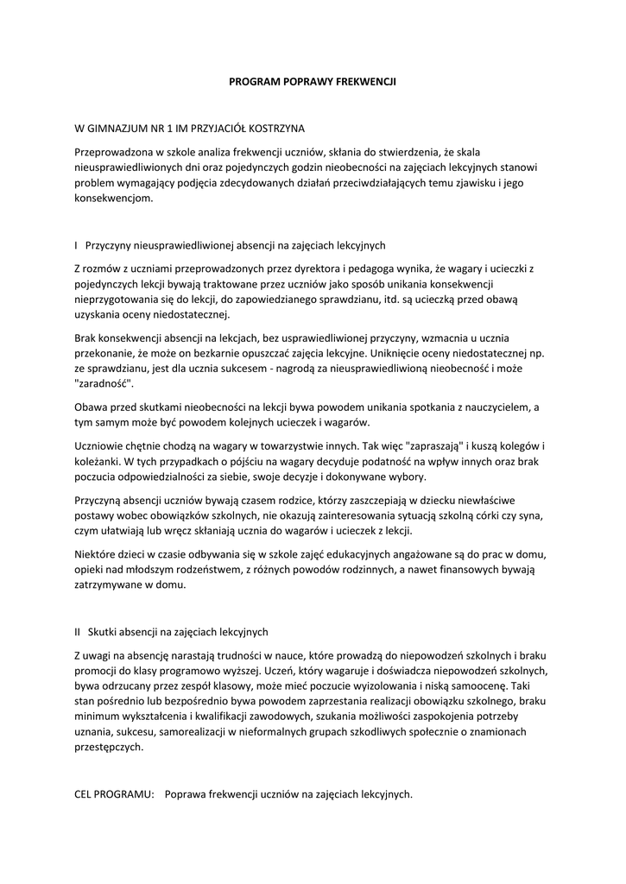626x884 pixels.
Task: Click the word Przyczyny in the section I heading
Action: pyautogui.click(x=111, y=245)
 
